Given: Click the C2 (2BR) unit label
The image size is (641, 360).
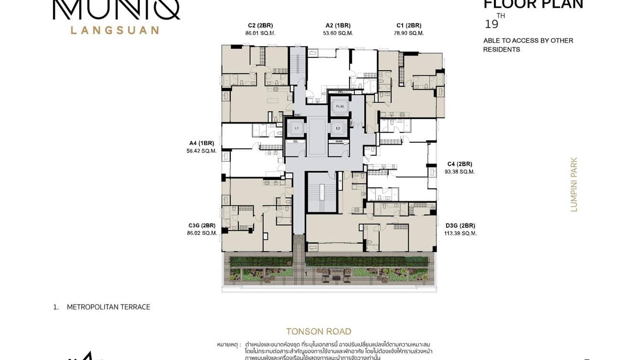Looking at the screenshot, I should (x=260, y=25).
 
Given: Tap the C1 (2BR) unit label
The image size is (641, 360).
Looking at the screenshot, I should (x=409, y=25).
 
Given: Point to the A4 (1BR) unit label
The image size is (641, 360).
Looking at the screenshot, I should (x=201, y=143).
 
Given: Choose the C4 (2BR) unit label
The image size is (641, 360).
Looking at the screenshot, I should (x=459, y=163).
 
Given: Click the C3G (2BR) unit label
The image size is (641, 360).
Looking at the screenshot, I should (x=202, y=225).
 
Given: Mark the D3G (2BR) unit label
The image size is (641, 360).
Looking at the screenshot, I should (x=460, y=225).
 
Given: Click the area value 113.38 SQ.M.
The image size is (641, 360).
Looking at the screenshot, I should (x=461, y=233).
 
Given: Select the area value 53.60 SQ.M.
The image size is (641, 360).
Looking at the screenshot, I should (x=338, y=33).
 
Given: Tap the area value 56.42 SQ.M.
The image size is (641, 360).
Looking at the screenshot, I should (x=201, y=151).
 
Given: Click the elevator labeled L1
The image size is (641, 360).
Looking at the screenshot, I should (x=297, y=128).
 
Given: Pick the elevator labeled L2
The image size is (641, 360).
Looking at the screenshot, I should (x=338, y=128).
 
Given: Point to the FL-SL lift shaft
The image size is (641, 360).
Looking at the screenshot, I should (x=340, y=106).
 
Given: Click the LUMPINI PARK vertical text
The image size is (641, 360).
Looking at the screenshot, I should (x=574, y=185).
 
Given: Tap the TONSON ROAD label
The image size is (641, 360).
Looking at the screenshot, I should (x=319, y=331).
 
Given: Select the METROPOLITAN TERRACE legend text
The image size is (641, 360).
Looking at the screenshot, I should (x=108, y=307).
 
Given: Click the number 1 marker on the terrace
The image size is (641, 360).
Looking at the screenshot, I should (x=306, y=274).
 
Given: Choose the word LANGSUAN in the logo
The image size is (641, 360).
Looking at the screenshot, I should (x=115, y=30).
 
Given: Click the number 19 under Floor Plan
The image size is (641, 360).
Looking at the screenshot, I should (x=491, y=24).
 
